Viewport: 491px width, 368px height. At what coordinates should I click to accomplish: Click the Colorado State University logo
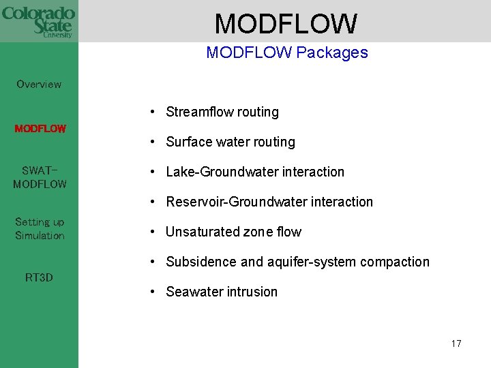click(39, 21)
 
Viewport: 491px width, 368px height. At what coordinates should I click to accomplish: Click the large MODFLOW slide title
click(286, 24)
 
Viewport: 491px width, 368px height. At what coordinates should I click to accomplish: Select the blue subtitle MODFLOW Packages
click(286, 52)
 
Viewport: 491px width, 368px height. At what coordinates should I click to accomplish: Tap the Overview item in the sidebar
click(39, 85)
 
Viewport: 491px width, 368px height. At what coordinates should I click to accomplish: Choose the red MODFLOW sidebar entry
click(40, 129)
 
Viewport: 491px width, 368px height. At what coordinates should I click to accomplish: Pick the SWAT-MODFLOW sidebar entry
click(40, 177)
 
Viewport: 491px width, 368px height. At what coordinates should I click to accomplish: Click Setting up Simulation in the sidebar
click(40, 229)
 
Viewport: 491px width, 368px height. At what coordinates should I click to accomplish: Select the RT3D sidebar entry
click(39, 277)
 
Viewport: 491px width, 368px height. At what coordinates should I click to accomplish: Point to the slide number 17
click(456, 343)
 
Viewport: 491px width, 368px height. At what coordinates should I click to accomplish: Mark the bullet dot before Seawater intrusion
click(155, 292)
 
